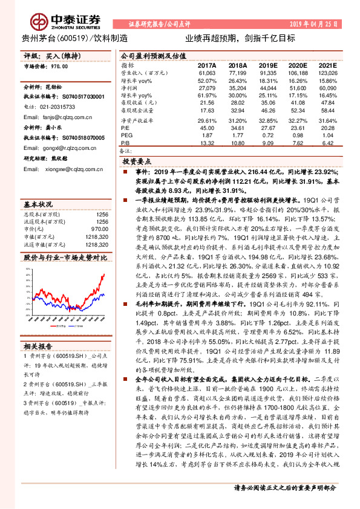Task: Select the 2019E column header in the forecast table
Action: (267, 65)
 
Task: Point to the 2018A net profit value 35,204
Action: (237, 88)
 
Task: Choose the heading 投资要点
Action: (136, 162)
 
